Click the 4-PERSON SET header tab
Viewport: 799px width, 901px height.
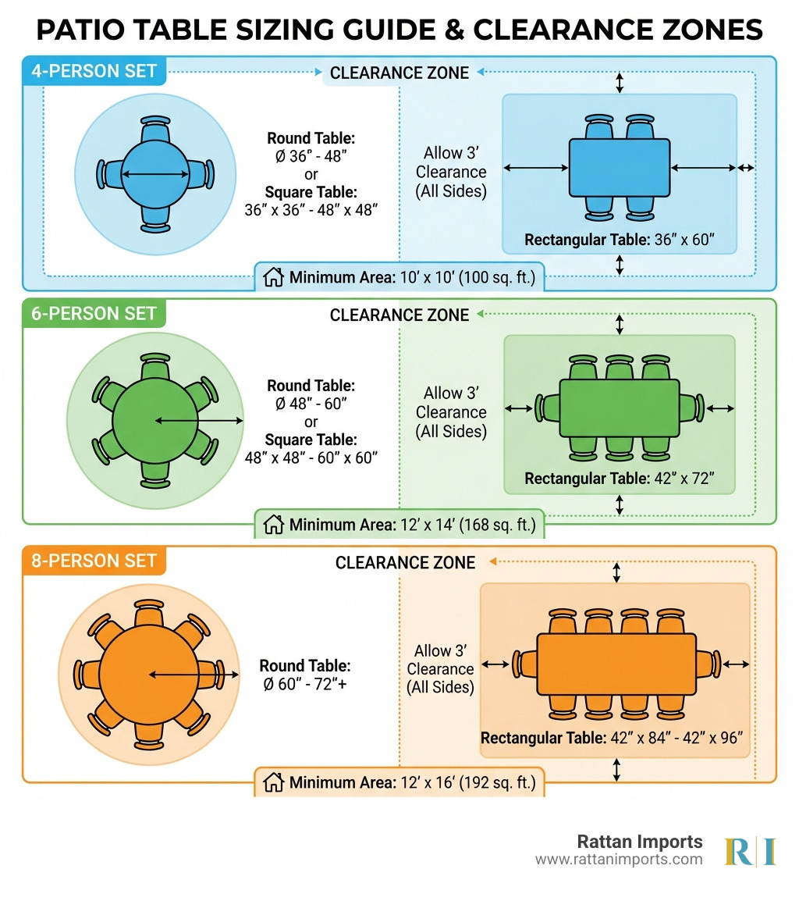coord(94,72)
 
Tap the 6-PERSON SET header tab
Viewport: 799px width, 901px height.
coord(94,315)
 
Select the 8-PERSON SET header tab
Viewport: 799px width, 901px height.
coord(94,561)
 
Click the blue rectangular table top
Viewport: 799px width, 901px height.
coord(619,167)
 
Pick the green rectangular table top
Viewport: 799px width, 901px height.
coord(620,408)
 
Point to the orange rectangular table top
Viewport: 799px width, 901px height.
coord(616,664)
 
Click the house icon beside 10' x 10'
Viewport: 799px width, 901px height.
coord(273,277)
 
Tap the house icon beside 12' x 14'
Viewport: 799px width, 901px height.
coord(273,525)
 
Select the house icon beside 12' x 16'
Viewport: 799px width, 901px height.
coord(273,782)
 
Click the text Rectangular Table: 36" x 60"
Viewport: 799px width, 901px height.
coord(620,240)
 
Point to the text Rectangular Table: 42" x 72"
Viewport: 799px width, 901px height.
coord(620,479)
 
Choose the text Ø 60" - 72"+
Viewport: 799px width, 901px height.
coord(305,685)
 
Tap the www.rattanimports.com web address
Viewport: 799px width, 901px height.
coord(619,860)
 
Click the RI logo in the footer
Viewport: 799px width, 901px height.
coord(750,851)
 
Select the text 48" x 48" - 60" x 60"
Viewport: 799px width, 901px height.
coord(311,458)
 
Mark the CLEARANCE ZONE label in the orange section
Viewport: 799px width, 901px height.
coord(405,562)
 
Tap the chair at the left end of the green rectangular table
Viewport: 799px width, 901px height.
coord(547,408)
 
